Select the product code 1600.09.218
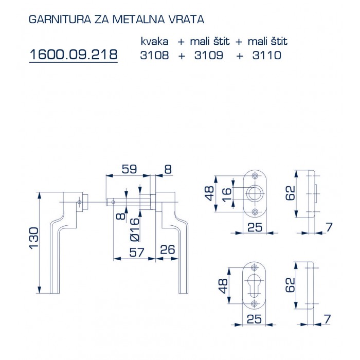pyautogui.click(x=74, y=54)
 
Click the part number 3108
pyautogui.click(x=154, y=55)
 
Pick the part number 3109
pyautogui.click(x=209, y=55)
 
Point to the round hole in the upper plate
pyautogui.click(x=253, y=194)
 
